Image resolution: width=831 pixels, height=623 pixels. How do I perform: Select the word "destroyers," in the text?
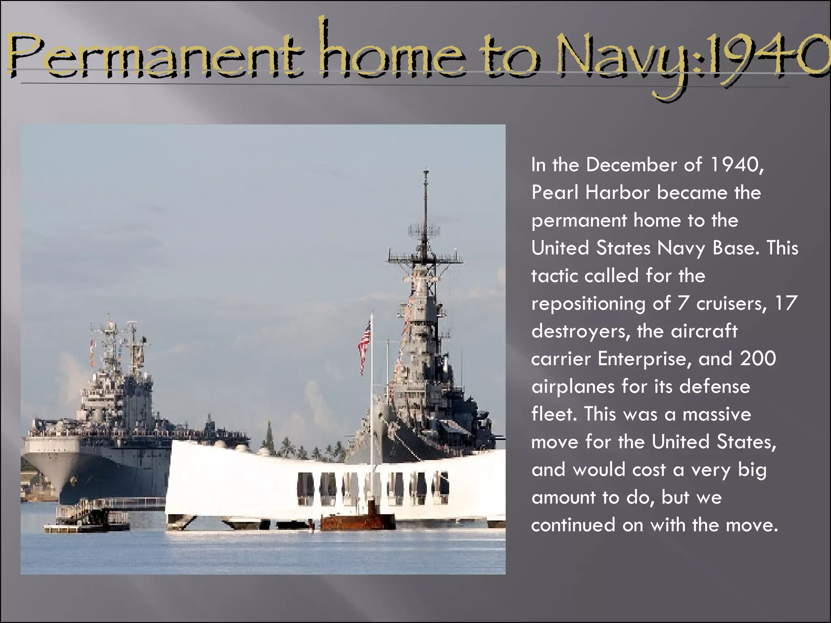tap(580, 331)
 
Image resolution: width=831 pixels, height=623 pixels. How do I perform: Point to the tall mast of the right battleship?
tap(425, 211)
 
